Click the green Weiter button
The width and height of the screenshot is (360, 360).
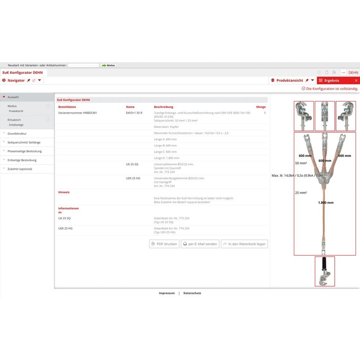(x=108, y=65)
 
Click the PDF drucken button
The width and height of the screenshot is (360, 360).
(x=164, y=244)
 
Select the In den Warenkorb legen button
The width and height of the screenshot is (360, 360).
(x=244, y=244)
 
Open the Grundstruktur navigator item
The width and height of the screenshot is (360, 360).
(x=17, y=134)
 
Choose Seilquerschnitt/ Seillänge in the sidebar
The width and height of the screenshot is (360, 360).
(x=24, y=142)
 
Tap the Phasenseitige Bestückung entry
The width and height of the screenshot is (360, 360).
(x=24, y=151)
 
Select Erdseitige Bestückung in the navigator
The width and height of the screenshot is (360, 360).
(x=22, y=160)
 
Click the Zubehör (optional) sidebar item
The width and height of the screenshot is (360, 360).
(x=20, y=169)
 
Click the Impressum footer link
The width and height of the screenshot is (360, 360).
(x=167, y=293)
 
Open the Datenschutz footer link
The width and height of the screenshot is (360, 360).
(x=192, y=293)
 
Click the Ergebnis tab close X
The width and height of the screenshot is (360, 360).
(x=356, y=81)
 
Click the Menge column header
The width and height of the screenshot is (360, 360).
(x=261, y=107)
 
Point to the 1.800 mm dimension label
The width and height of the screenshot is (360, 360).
(x=325, y=203)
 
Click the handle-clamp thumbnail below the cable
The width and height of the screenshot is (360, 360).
(x=325, y=271)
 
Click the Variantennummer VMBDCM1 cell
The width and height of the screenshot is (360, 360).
(x=77, y=113)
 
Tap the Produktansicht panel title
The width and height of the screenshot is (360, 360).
(x=289, y=81)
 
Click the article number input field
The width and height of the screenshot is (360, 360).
(x=83, y=65)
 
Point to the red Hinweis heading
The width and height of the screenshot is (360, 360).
(x=64, y=192)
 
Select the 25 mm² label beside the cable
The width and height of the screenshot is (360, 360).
(x=301, y=193)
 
